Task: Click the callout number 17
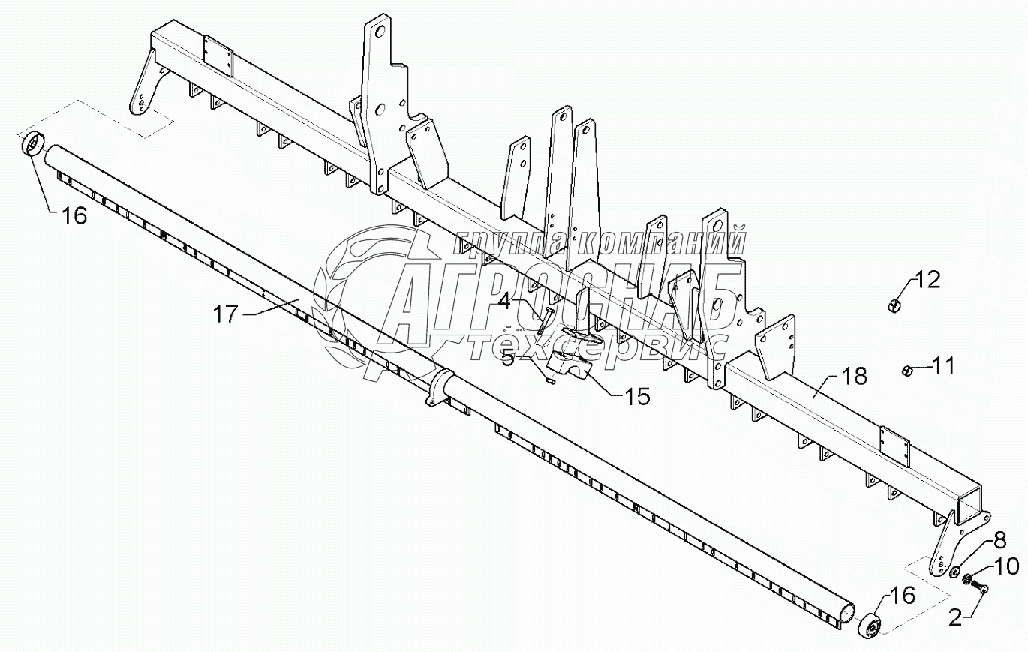pyautogui.click(x=224, y=314)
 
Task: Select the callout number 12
pyautogui.click(x=927, y=281)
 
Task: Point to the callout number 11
pyautogui.click(x=944, y=366)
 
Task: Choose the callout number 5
pyautogui.click(x=508, y=358)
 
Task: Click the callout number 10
pyautogui.click(x=1007, y=566)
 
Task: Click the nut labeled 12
pyautogui.click(x=894, y=305)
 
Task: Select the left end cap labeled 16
pyautogui.click(x=33, y=144)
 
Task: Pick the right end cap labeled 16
pyautogui.click(x=867, y=625)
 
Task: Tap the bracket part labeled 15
pyautogui.click(x=569, y=364)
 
